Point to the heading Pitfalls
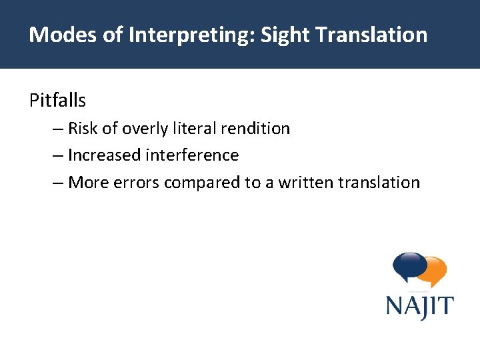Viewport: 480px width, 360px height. pyautogui.click(x=57, y=101)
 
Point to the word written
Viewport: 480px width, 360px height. pyautogui.click(x=304, y=183)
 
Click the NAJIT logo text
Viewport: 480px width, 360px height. pyautogui.click(x=419, y=307)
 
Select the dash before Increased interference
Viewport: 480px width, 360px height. pyautogui.click(x=57, y=155)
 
